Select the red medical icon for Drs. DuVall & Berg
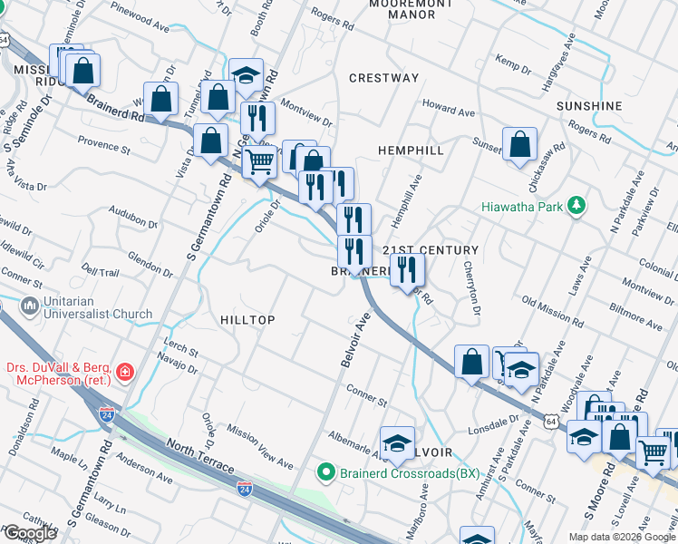click(124, 371)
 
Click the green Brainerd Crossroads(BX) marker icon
click(325, 472)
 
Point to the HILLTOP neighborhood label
click(247, 320)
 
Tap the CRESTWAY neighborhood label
click(383, 78)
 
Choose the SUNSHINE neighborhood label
click(589, 106)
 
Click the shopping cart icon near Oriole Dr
click(260, 161)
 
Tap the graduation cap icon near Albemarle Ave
click(397, 442)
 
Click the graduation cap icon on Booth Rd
click(245, 75)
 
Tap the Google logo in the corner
click(29, 533)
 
